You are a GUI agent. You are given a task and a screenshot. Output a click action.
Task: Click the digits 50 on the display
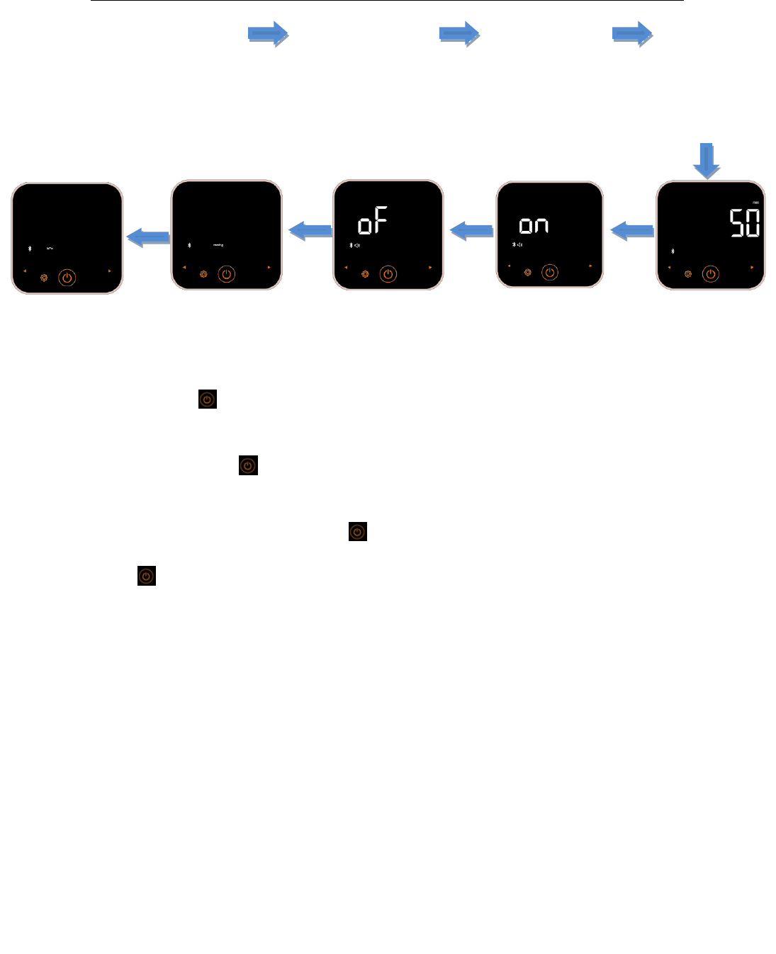(745, 223)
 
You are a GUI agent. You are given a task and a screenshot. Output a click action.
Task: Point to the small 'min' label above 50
(755, 203)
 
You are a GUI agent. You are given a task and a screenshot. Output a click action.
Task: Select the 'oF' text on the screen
(372, 222)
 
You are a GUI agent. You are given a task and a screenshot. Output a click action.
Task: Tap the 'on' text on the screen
(534, 225)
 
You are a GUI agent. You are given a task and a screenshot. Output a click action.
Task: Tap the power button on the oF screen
(388, 274)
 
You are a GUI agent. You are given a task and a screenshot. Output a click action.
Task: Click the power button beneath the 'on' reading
(549, 272)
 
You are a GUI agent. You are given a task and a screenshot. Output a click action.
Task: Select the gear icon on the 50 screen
(688, 274)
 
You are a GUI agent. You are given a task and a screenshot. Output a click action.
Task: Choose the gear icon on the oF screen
(365, 274)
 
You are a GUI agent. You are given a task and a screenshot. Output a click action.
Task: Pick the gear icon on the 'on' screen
(527, 272)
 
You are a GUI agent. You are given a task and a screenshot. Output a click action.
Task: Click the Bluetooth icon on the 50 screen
(673, 251)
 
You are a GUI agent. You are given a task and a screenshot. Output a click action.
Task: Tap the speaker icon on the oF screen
(357, 246)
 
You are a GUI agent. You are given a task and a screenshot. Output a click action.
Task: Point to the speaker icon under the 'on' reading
(519, 245)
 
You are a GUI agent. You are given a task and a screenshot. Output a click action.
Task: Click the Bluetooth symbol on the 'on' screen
(514, 245)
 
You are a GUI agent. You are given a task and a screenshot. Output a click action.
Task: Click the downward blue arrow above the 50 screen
(707, 160)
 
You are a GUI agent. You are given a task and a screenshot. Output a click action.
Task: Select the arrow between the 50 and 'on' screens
(631, 230)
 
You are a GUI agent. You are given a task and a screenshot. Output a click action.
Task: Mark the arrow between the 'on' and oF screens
(471, 230)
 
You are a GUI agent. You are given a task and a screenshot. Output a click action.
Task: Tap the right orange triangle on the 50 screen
(752, 268)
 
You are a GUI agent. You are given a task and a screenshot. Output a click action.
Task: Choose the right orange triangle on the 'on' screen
(590, 266)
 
